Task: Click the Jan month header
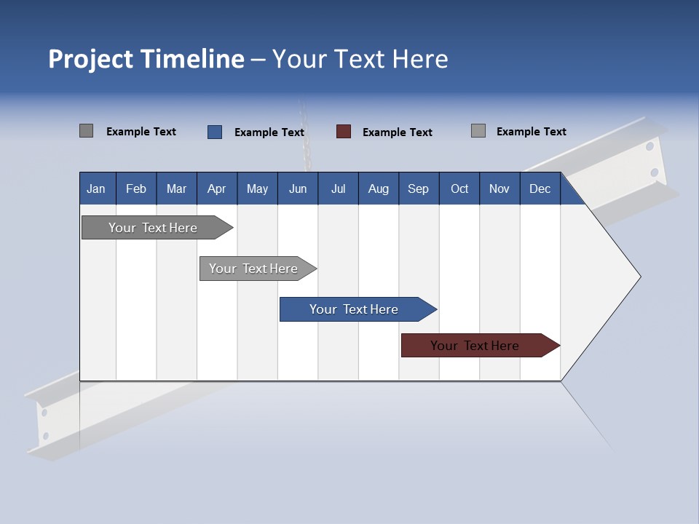(96, 188)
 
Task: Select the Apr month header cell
(216, 188)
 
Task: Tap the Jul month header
(338, 188)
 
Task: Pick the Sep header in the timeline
(418, 188)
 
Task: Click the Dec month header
(540, 188)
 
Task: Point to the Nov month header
(499, 188)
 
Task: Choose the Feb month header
(136, 188)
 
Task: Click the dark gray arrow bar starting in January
(153, 228)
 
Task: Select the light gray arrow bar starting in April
(253, 269)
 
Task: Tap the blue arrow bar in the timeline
(354, 309)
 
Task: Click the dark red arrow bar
(475, 346)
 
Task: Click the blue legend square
(215, 132)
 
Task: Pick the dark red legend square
(344, 132)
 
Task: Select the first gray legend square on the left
(86, 131)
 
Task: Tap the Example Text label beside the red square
(398, 132)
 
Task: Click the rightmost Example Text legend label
(532, 132)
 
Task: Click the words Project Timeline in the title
(146, 59)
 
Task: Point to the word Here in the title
(420, 59)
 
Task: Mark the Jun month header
(298, 188)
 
